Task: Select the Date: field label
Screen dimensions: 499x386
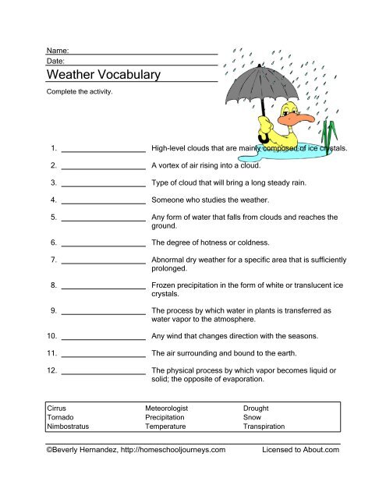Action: [56, 60]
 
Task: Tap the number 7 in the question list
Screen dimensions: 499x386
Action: [51, 258]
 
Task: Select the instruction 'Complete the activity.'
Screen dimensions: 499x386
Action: [80, 91]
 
